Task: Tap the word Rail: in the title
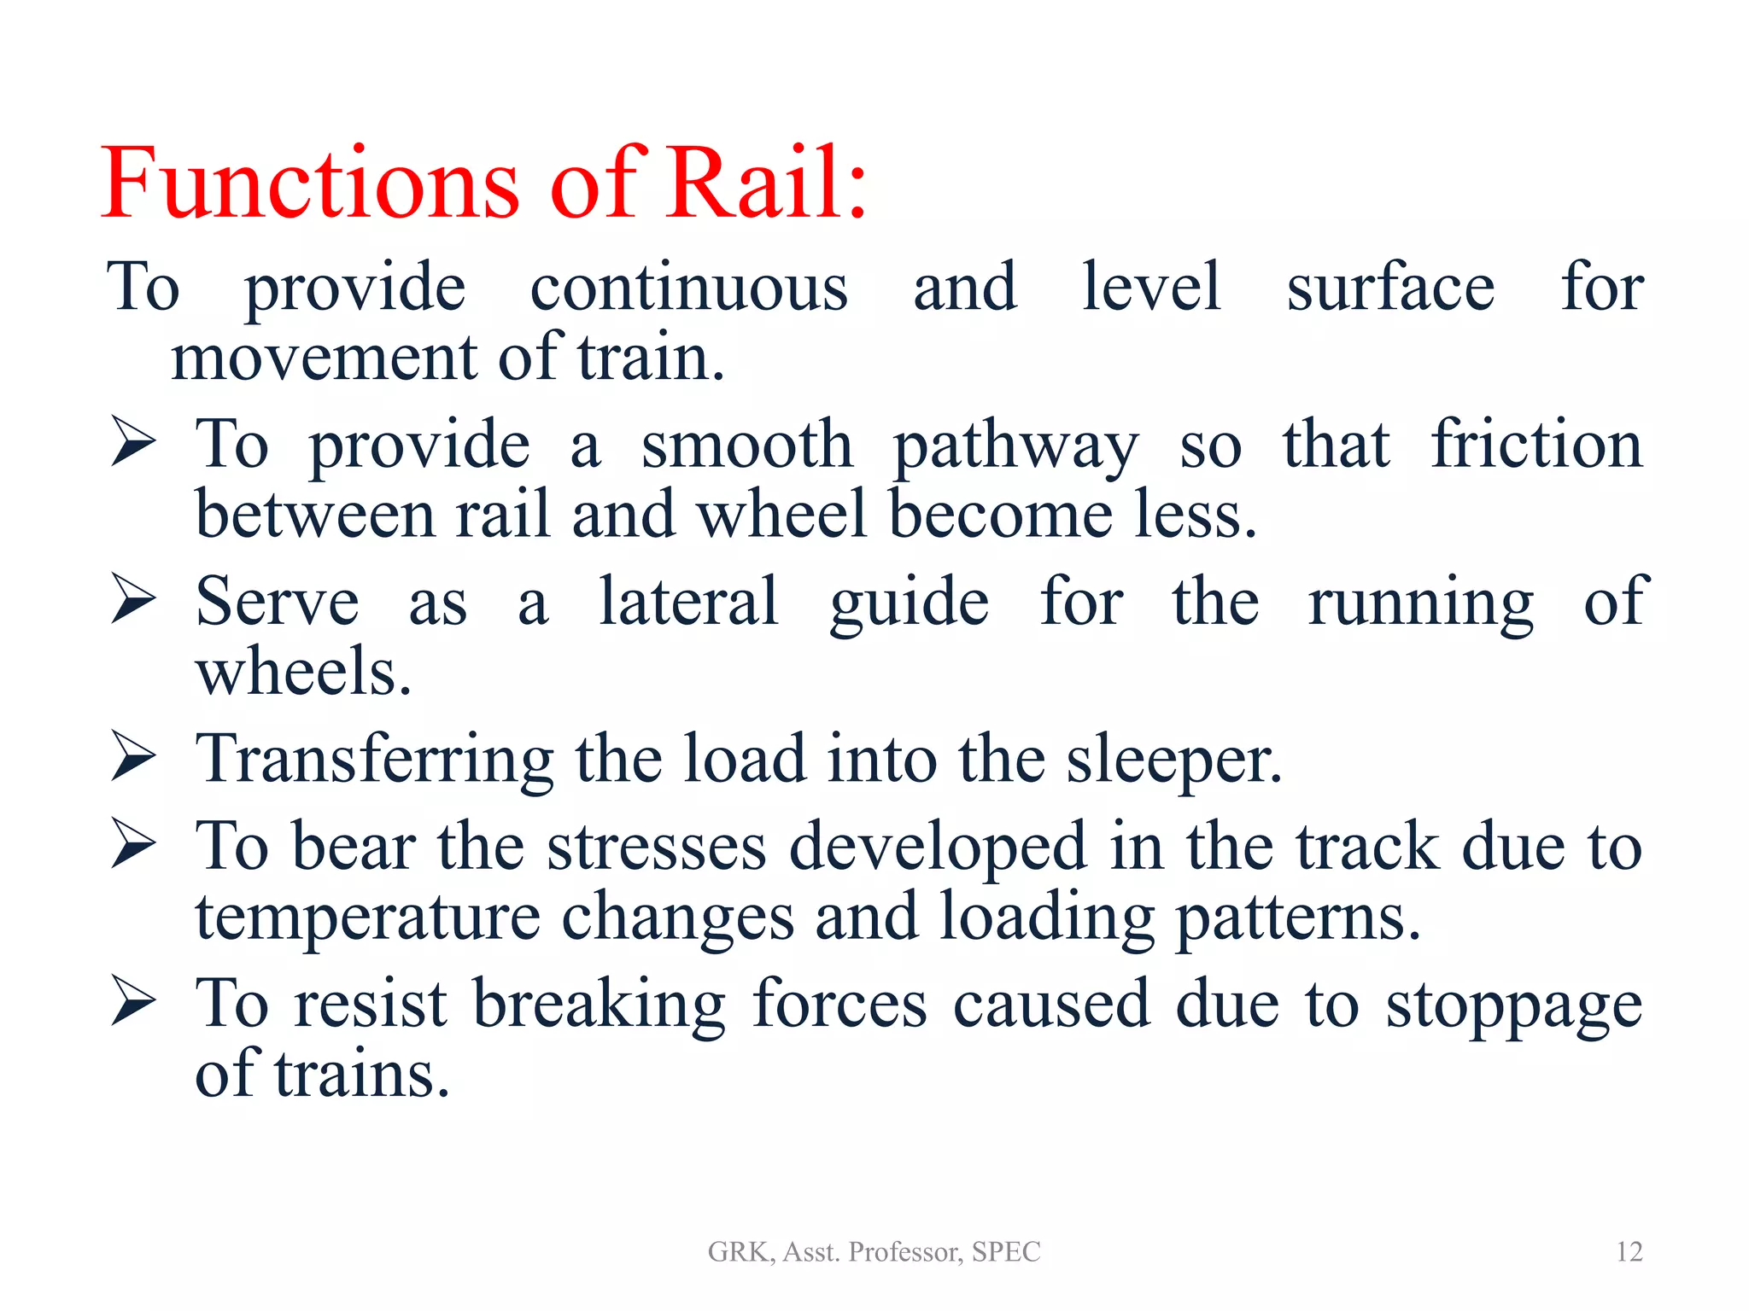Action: click(x=765, y=184)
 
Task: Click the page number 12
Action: click(x=1629, y=1251)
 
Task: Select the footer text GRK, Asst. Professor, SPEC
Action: click(x=874, y=1251)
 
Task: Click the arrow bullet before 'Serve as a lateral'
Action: click(x=132, y=599)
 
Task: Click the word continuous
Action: click(x=688, y=288)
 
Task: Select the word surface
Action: click(x=1390, y=288)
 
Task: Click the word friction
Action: click(x=1536, y=445)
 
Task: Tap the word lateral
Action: click(x=688, y=602)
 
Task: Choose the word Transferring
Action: click(x=374, y=760)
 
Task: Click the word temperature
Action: click(x=367, y=918)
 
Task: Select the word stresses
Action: click(x=656, y=848)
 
